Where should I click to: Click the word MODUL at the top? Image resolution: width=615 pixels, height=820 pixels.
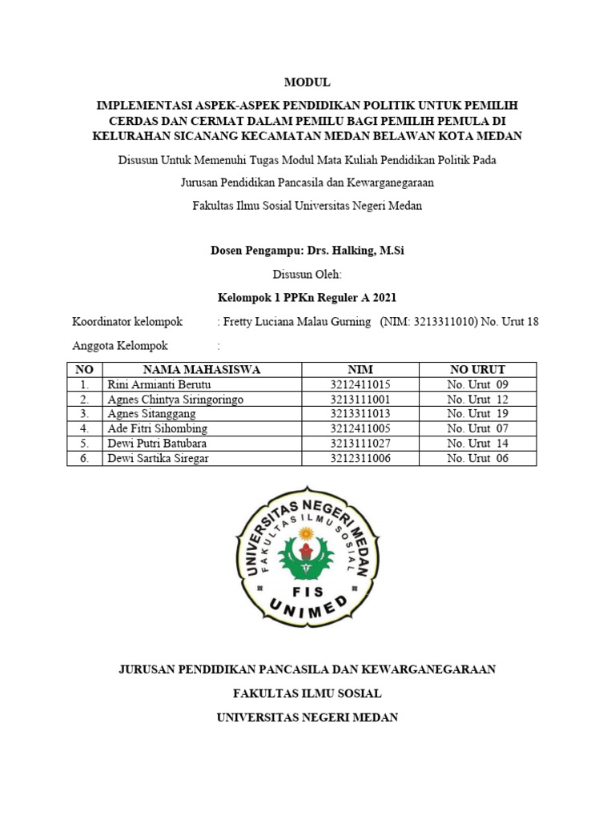pyautogui.click(x=307, y=82)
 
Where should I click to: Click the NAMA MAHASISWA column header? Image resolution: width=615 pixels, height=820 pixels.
pyautogui.click(x=202, y=369)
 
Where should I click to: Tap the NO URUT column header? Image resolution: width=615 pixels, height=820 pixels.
pyautogui.click(x=477, y=369)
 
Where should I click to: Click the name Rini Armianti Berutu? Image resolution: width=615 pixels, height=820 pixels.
pyautogui.click(x=157, y=384)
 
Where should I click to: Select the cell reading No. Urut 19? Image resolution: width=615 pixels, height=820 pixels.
pyautogui.click(x=477, y=414)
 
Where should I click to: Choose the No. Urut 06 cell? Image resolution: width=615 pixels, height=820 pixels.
pyautogui.click(x=477, y=458)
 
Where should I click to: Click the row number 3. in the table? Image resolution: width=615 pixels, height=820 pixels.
pyautogui.click(x=84, y=414)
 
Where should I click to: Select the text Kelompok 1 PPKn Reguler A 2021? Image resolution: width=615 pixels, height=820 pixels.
pyautogui.click(x=307, y=297)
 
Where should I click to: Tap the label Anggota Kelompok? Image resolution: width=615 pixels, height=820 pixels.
pyautogui.click(x=119, y=346)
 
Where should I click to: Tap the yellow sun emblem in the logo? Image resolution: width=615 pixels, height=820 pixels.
pyautogui.click(x=305, y=533)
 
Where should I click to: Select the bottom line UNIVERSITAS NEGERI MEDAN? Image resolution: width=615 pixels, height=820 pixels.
pyautogui.click(x=307, y=717)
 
